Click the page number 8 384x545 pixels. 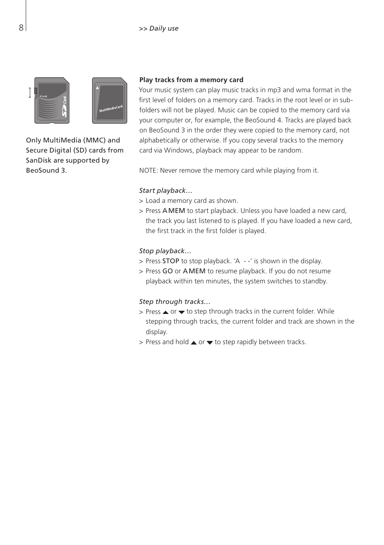point(21,28)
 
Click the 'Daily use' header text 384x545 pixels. point(163,29)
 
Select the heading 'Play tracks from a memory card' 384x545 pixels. point(191,80)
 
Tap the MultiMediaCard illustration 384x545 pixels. point(109,101)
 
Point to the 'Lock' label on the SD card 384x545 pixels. point(44,96)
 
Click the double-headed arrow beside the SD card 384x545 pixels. point(30,93)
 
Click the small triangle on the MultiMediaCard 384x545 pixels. point(97,87)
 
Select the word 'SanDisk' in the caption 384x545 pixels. point(39,160)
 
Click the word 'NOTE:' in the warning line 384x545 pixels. point(149,171)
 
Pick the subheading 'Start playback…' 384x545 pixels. point(165,190)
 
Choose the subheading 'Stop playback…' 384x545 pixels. point(165,251)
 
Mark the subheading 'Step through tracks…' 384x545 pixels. point(174,301)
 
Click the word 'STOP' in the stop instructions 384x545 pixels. point(171,261)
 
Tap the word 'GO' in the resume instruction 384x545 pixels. point(167,271)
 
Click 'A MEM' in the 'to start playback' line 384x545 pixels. point(174,211)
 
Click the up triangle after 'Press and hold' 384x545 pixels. point(194,343)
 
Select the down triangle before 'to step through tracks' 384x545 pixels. point(182,312)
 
